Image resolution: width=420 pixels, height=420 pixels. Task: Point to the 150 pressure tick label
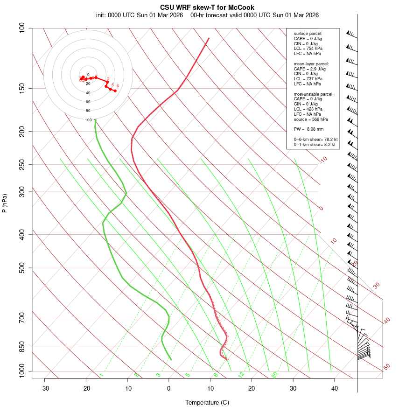point(22,88)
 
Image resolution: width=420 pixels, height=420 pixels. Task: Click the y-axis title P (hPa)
point(5,203)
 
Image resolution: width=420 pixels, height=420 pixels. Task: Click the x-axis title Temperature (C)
point(207,402)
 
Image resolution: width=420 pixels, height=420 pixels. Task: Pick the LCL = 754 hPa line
point(308,49)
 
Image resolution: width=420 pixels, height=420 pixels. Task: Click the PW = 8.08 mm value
point(308,129)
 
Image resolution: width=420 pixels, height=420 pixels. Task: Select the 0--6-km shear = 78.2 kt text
point(315,140)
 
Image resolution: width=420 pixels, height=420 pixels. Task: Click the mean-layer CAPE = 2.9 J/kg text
point(310,69)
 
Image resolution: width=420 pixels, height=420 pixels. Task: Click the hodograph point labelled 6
point(115,91)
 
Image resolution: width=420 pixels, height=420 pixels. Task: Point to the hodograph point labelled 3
point(107,82)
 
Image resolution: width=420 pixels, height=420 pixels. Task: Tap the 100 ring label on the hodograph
point(88,120)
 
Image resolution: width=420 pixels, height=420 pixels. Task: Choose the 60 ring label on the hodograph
point(88,102)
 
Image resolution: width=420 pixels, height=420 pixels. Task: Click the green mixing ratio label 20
point(275,374)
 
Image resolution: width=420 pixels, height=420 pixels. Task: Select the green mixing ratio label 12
point(241,374)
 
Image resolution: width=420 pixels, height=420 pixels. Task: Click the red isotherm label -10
point(322,160)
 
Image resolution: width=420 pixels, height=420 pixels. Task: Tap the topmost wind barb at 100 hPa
point(351,33)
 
